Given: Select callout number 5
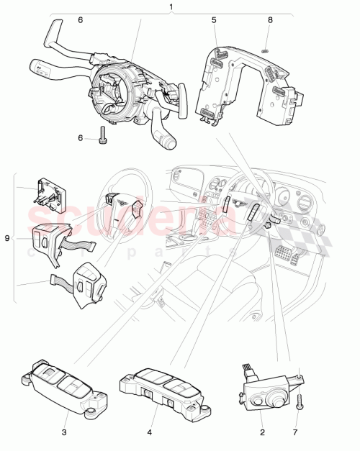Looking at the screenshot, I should click(x=214, y=21).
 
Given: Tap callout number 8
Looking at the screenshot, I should click(x=269, y=21).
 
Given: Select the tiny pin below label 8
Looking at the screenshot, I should click(x=266, y=49).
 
